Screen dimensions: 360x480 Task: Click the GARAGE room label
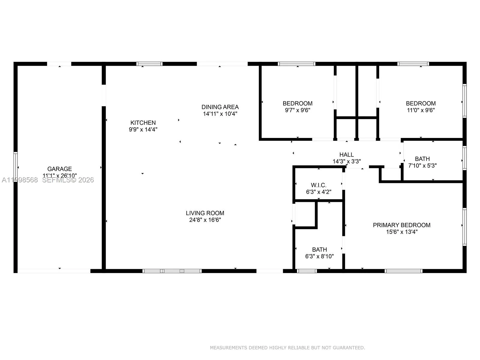pyautogui.click(x=59, y=169)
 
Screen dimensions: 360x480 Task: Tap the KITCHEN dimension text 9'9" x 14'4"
pyautogui.click(x=143, y=130)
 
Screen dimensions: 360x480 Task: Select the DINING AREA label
pyautogui.click(x=220, y=107)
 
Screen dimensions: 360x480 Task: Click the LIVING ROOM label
pyautogui.click(x=205, y=213)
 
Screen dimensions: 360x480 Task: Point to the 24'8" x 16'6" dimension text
pyautogui.click(x=205, y=220)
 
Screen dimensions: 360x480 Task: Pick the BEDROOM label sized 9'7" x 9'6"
pyautogui.click(x=297, y=103)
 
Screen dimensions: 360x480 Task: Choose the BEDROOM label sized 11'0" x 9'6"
pyautogui.click(x=421, y=103)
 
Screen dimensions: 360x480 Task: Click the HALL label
pyautogui.click(x=346, y=154)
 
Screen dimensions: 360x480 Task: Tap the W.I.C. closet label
pyautogui.click(x=319, y=185)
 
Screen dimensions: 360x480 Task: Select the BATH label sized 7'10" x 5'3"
pyautogui.click(x=422, y=159)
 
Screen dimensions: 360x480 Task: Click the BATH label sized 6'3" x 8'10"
pyautogui.click(x=319, y=249)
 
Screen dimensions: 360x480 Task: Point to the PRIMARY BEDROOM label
pyautogui.click(x=401, y=225)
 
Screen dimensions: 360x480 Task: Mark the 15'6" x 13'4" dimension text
pyautogui.click(x=402, y=232)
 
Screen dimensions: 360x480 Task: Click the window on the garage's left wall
pyautogui.click(x=16, y=167)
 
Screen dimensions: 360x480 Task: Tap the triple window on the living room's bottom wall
pyautogui.click(x=172, y=271)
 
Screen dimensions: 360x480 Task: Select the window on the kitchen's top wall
pyautogui.click(x=149, y=64)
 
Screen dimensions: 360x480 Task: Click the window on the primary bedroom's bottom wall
pyautogui.click(x=403, y=271)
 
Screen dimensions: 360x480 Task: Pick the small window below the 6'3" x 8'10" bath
pyautogui.click(x=307, y=271)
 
